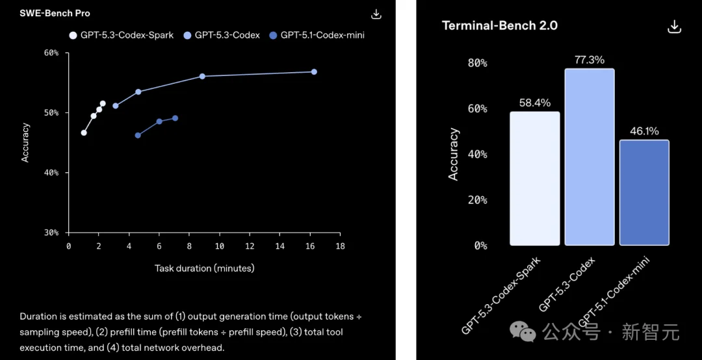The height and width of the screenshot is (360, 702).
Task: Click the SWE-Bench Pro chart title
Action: (x=54, y=14)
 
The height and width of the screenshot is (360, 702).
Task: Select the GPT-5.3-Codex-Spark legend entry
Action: (x=122, y=35)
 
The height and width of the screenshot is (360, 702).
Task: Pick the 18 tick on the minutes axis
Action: (x=340, y=247)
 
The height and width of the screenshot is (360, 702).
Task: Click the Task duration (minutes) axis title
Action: (x=204, y=268)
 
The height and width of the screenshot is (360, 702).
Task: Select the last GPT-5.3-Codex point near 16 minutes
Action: (x=314, y=71)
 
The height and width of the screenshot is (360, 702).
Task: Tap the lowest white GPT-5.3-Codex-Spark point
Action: (x=84, y=133)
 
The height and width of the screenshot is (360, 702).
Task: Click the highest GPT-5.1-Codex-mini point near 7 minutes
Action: (x=175, y=118)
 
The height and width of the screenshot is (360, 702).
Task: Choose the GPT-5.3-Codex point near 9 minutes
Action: (x=202, y=76)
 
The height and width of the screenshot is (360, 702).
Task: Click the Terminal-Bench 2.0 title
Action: (x=499, y=26)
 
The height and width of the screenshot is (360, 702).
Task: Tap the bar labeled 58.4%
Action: (x=534, y=179)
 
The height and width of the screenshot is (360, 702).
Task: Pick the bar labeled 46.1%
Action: (x=644, y=193)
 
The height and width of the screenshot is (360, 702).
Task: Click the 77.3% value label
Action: (x=589, y=60)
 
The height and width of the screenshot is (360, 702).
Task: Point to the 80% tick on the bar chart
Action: (x=477, y=63)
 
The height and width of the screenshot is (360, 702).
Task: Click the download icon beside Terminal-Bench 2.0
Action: (x=674, y=27)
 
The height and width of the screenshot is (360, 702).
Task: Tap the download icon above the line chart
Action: (x=376, y=14)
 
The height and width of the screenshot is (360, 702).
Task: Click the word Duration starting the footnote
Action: (x=39, y=316)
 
